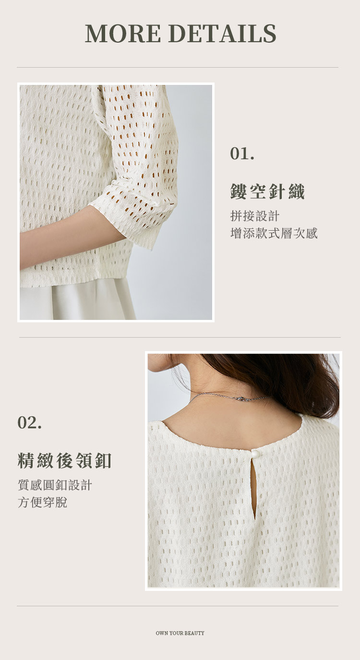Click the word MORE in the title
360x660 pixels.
[x=123, y=33]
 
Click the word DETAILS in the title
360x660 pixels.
[x=222, y=33]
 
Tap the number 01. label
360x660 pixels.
[x=242, y=154]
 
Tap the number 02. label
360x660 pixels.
[x=29, y=423]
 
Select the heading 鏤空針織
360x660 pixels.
[x=267, y=192]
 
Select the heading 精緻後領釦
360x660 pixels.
[x=65, y=460]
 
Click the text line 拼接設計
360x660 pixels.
[x=255, y=216]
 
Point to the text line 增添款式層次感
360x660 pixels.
[x=274, y=234]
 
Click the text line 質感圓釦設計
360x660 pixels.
[x=55, y=485]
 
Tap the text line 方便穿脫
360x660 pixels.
[x=42, y=502]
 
